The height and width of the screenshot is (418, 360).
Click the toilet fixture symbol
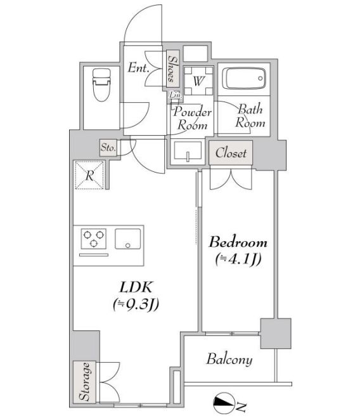coord(101,84)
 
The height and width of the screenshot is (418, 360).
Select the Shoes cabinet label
coord(172,69)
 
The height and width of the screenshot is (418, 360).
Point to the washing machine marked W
coord(198,81)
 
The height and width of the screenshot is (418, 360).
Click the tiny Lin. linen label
coord(176,95)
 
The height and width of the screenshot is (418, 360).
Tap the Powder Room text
coord(192,119)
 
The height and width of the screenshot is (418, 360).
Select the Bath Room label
coord(250,116)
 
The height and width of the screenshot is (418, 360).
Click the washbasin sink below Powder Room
coord(188,151)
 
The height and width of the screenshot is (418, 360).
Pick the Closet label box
coord(231,153)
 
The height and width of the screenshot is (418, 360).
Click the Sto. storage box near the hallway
coord(108,147)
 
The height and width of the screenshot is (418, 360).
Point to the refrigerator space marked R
coord(89,175)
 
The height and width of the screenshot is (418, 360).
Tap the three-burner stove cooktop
coord(94,238)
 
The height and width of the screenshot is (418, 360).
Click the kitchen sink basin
coord(127,238)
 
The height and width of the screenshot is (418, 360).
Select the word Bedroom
coord(238,242)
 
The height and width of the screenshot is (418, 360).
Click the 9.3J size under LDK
coord(136,304)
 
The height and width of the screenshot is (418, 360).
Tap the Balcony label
coord(229,359)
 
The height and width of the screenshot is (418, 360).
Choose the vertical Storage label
coord(85,381)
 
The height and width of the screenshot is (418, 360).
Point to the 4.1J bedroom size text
coord(238,259)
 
